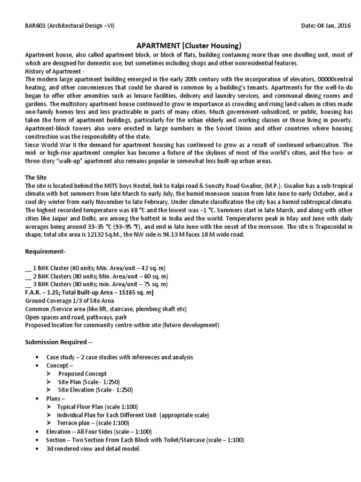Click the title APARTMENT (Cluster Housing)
click(x=188, y=46)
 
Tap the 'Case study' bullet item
click(x=119, y=357)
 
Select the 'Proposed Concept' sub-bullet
click(x=82, y=374)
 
